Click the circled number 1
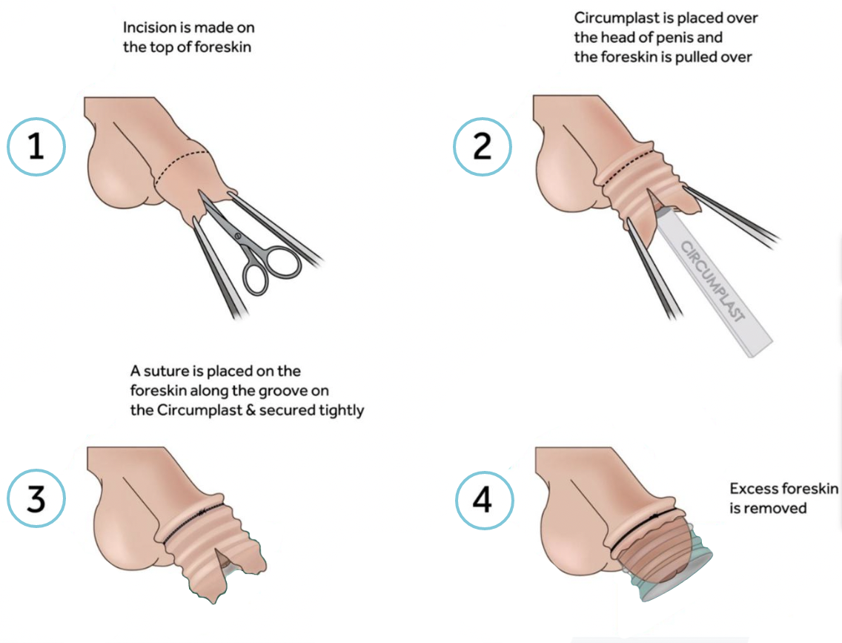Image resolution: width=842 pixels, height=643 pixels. coord(36,147)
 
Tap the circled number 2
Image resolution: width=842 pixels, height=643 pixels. coord(483,147)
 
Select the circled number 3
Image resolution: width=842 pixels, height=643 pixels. coord(36,498)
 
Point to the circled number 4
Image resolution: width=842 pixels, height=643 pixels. coord(484,500)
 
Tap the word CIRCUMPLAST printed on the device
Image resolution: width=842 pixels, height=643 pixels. coord(713,282)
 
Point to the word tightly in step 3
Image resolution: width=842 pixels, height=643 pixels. coord(342,411)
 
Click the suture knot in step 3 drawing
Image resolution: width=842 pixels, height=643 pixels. coord(202,512)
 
